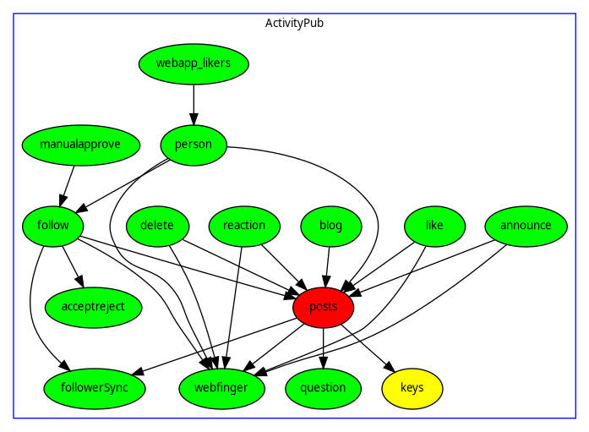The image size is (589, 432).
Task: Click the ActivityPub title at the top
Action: [294, 23]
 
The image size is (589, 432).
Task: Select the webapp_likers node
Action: [194, 63]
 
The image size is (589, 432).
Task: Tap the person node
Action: [194, 145]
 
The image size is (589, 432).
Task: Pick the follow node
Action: [53, 226]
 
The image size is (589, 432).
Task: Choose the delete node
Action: [157, 226]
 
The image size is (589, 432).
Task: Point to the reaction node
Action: [244, 226]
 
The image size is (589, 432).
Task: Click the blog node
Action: [331, 226]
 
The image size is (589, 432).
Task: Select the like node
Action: [434, 226]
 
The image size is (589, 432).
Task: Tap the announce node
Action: [526, 226]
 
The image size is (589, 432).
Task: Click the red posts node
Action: [324, 307]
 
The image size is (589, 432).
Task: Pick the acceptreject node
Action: [93, 307]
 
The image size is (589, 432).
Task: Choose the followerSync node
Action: [95, 388]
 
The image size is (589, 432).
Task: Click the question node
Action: [324, 388]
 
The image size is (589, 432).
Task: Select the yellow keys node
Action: [412, 388]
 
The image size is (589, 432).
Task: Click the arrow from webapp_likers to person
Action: [194, 104]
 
